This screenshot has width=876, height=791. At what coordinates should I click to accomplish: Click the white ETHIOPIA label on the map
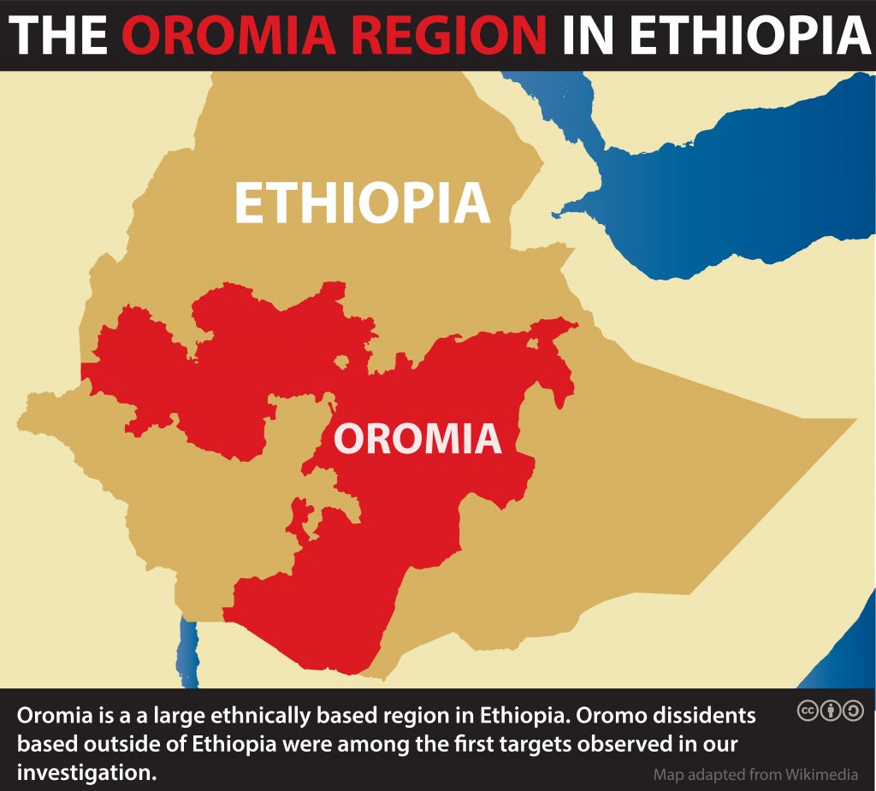(x=362, y=204)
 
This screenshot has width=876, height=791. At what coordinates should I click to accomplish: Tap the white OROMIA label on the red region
(x=417, y=438)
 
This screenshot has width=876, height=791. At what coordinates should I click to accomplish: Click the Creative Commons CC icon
(x=808, y=711)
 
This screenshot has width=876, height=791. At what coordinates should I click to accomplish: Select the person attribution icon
(x=831, y=711)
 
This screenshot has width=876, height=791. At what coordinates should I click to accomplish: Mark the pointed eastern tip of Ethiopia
(x=852, y=421)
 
